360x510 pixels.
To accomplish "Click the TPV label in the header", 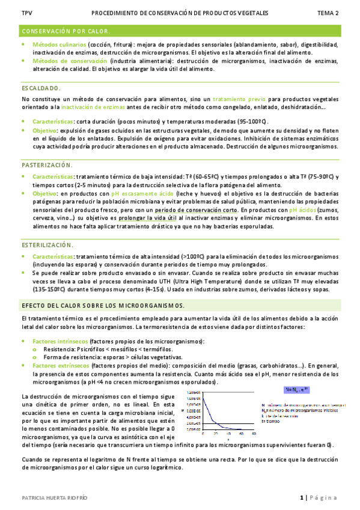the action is coord(26,13).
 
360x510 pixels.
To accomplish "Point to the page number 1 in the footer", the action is coord(301,498).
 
